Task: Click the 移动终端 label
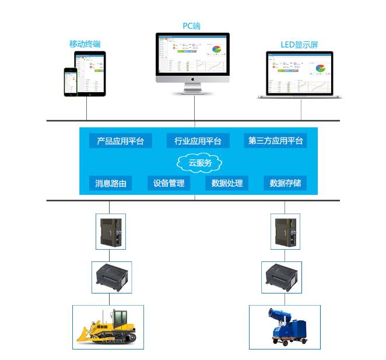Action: click(x=85, y=44)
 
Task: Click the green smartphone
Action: click(x=71, y=81)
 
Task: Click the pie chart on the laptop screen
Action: click(x=320, y=68)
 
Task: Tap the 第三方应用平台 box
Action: click(x=275, y=141)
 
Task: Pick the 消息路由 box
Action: click(x=111, y=183)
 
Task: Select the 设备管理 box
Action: click(x=169, y=183)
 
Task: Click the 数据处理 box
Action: click(x=227, y=183)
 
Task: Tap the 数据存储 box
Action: click(x=285, y=183)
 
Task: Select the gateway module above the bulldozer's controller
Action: click(x=110, y=231)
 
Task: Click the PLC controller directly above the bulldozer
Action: click(x=112, y=277)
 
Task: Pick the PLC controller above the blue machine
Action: click(x=282, y=277)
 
